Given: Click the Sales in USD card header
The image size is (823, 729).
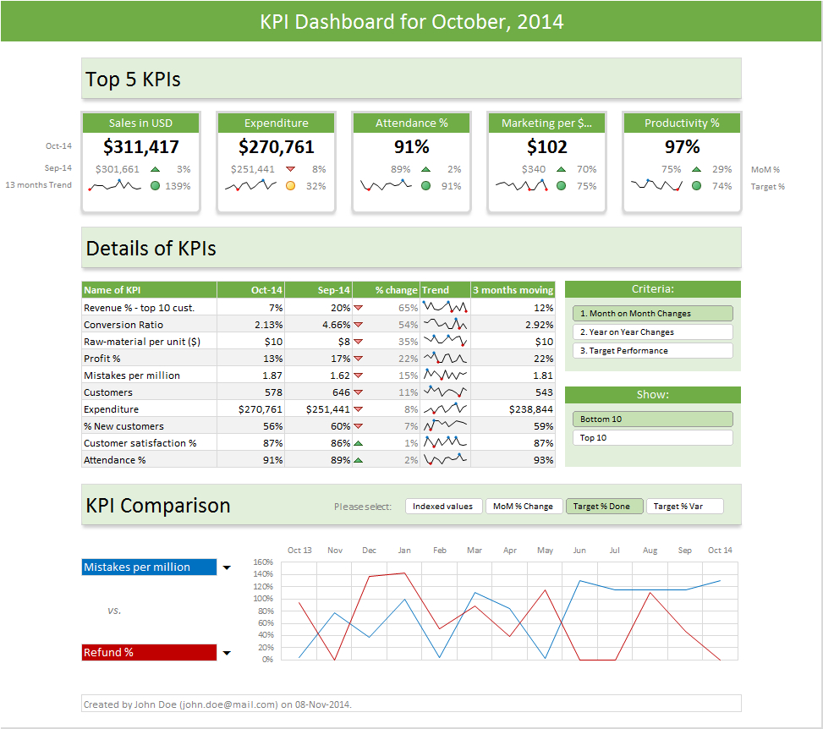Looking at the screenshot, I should pyautogui.click(x=140, y=123).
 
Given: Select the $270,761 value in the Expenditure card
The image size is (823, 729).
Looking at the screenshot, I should pyautogui.click(x=276, y=147).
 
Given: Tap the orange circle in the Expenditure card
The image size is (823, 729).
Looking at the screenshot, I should pyautogui.click(x=290, y=186).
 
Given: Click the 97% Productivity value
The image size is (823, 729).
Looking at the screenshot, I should pyautogui.click(x=682, y=147).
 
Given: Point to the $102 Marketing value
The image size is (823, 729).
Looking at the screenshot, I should pyautogui.click(x=546, y=147).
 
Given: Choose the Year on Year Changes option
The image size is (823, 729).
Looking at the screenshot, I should pyautogui.click(x=652, y=332).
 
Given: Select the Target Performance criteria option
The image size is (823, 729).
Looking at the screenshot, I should pyautogui.click(x=652, y=351).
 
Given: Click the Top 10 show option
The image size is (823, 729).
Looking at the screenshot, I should pyautogui.click(x=652, y=438).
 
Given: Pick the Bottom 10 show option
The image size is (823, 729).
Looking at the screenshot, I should pyautogui.click(x=652, y=419).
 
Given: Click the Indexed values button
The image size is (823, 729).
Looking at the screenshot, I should pyautogui.click(x=443, y=507).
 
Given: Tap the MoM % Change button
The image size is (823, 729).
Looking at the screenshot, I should pyautogui.click(x=524, y=507).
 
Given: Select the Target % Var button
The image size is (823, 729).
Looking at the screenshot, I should pyautogui.click(x=684, y=507).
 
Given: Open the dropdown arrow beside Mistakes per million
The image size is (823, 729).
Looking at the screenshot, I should pyautogui.click(x=227, y=568).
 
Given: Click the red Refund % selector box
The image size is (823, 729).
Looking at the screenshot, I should pyautogui.click(x=149, y=653).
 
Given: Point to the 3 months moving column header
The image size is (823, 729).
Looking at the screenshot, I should pyautogui.click(x=513, y=290).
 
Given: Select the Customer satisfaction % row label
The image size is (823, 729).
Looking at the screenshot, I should pyautogui.click(x=140, y=443).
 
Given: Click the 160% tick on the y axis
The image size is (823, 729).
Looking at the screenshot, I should pyautogui.click(x=263, y=562).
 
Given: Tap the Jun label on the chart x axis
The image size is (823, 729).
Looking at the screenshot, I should pyautogui.click(x=579, y=551).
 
